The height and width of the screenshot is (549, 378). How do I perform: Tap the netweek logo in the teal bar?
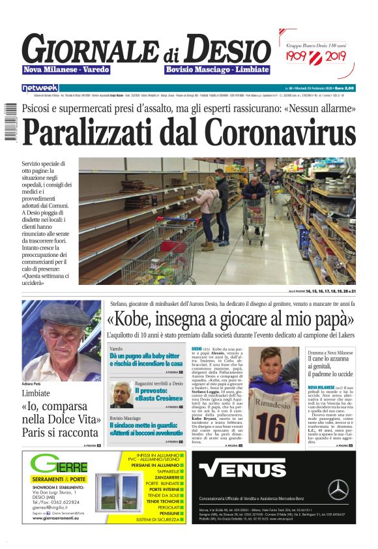[x=40, y=87]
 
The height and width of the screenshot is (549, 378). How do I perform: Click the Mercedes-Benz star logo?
[x=338, y=489]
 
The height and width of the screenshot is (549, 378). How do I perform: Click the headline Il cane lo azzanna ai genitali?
[x=330, y=367]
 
